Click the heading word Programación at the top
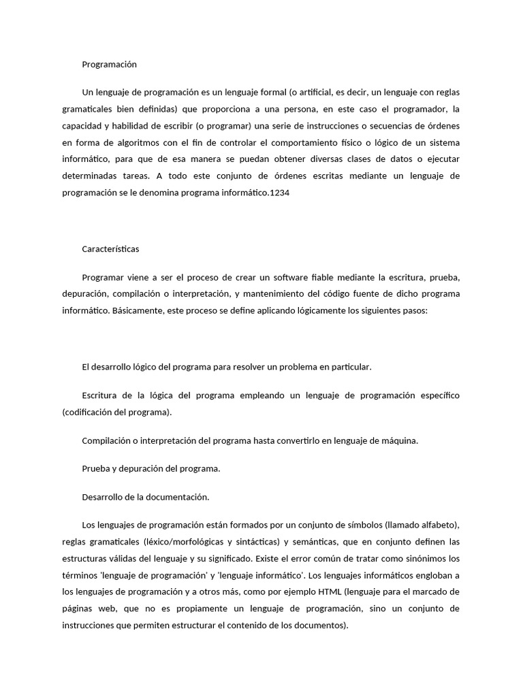click(x=109, y=64)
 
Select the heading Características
click(x=110, y=249)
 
